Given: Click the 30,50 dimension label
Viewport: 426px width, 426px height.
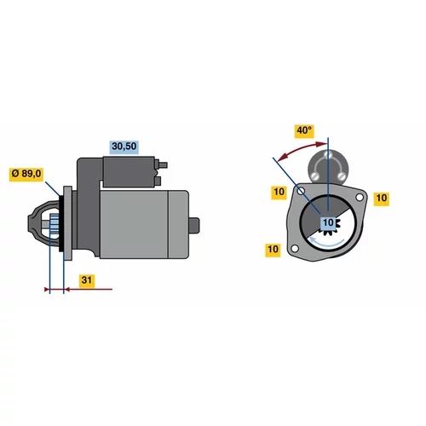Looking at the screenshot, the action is click(124, 147).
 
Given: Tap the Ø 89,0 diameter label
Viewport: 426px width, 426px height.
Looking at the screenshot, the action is click(26, 174).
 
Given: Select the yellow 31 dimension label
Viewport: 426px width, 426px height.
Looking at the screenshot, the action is click(87, 280).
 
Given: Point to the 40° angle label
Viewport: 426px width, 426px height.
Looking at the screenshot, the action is click(304, 131).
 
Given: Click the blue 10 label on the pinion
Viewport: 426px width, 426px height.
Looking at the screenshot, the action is click(328, 222).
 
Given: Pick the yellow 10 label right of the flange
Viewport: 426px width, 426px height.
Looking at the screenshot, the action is click(381, 198).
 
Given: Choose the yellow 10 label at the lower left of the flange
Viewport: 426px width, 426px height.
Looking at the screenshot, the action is click(273, 250).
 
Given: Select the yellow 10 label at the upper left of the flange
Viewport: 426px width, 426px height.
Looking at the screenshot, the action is click(279, 192).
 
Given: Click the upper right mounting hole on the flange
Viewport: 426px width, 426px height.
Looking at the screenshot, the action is click(360, 197).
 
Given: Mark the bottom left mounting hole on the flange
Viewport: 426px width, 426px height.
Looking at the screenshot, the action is click(295, 249).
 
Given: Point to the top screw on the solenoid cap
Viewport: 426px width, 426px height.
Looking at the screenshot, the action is click(328, 155).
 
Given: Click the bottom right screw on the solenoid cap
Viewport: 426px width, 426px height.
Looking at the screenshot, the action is click(343, 176).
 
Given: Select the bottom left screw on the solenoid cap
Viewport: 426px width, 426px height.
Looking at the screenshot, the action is click(314, 176).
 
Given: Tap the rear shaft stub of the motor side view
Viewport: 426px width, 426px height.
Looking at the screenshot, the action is click(194, 225).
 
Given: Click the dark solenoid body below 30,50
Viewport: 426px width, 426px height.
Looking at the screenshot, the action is click(130, 172).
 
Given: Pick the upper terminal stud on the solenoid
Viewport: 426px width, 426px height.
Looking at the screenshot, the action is click(162, 165).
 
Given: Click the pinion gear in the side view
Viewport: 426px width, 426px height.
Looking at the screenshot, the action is click(55, 224).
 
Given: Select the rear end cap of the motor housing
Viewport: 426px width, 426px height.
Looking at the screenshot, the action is click(178, 224).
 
